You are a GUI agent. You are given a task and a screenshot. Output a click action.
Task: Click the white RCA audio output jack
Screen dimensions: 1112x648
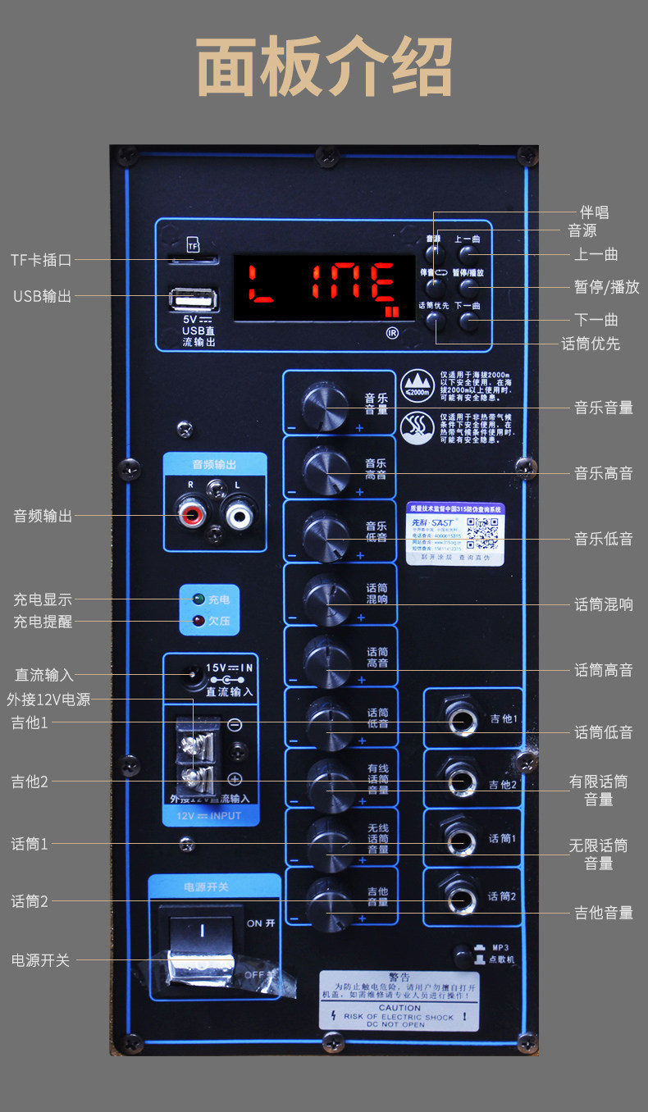(240, 515)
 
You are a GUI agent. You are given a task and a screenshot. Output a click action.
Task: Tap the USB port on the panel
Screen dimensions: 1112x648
(193, 298)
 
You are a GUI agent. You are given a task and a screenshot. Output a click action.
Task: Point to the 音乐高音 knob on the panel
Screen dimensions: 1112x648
(326, 468)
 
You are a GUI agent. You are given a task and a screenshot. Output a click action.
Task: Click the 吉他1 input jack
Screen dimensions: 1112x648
(460, 720)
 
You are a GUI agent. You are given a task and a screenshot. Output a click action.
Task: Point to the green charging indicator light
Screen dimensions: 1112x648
(198, 599)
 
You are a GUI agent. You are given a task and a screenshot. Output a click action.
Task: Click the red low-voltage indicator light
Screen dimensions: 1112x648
(198, 621)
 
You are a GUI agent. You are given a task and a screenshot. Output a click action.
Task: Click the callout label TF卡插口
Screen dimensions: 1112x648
(41, 260)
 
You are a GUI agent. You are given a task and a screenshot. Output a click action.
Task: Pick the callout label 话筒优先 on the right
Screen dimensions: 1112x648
(590, 344)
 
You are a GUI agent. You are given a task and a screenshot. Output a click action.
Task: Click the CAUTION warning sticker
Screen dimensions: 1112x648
(399, 1000)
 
